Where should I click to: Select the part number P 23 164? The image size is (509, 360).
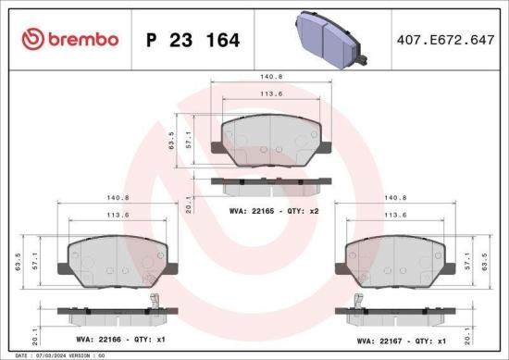[192, 40]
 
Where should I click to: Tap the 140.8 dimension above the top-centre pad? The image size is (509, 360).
[270, 77]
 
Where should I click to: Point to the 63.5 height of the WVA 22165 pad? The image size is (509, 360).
[171, 142]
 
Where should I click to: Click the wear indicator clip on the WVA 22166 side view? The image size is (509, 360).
[155, 301]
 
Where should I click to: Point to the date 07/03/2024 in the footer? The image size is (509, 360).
[43, 354]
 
